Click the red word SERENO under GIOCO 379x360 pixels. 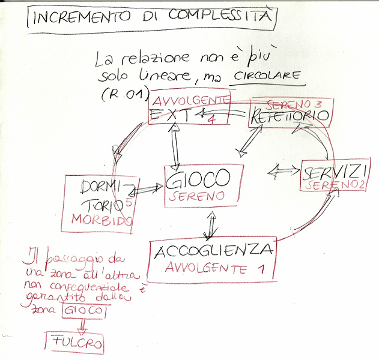pos(196,196)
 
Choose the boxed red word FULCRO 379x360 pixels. pos(73,344)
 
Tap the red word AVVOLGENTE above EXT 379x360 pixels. pos(190,100)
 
